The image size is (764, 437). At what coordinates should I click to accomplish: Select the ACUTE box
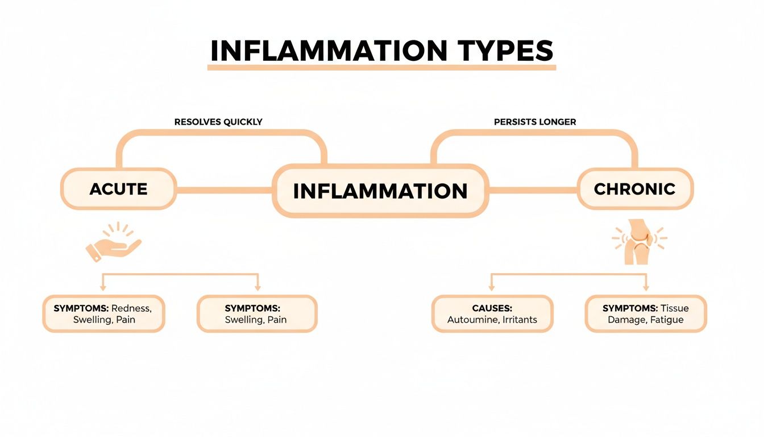click(118, 189)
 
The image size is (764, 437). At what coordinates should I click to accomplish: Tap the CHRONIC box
click(634, 189)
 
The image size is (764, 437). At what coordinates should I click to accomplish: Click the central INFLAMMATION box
click(380, 191)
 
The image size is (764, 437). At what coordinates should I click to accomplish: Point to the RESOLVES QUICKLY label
click(218, 122)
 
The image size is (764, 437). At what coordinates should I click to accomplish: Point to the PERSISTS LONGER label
click(535, 122)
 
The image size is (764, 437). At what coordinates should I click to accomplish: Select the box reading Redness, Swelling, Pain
click(103, 314)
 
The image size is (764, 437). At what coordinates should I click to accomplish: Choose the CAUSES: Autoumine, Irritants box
click(492, 314)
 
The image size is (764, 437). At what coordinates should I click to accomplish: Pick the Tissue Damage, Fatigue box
click(645, 314)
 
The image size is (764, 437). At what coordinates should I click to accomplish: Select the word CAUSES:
click(492, 308)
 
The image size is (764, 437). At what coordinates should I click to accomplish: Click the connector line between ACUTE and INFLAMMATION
click(225, 190)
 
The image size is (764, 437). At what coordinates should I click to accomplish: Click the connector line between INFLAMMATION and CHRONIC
click(533, 190)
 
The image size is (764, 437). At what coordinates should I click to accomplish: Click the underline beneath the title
click(381, 68)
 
